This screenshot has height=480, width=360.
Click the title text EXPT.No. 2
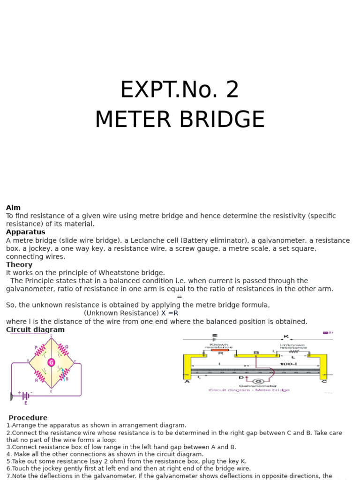pos(180,90)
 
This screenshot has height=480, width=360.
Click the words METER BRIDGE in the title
pos(180,120)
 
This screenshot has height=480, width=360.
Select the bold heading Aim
pos(13,208)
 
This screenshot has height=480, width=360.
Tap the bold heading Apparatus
pos(25,232)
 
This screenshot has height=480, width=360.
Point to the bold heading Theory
pos(19,265)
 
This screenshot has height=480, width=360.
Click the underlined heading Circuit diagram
pos(35,330)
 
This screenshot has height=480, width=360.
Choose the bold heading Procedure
pos(28,418)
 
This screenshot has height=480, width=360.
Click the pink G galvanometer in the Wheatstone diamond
pos(51,362)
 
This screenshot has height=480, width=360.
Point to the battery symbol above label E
pos(25,395)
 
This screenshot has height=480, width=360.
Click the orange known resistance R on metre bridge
pos(219,350)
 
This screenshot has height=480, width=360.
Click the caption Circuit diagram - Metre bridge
pos(249,390)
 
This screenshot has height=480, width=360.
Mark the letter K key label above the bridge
pos(286,336)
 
